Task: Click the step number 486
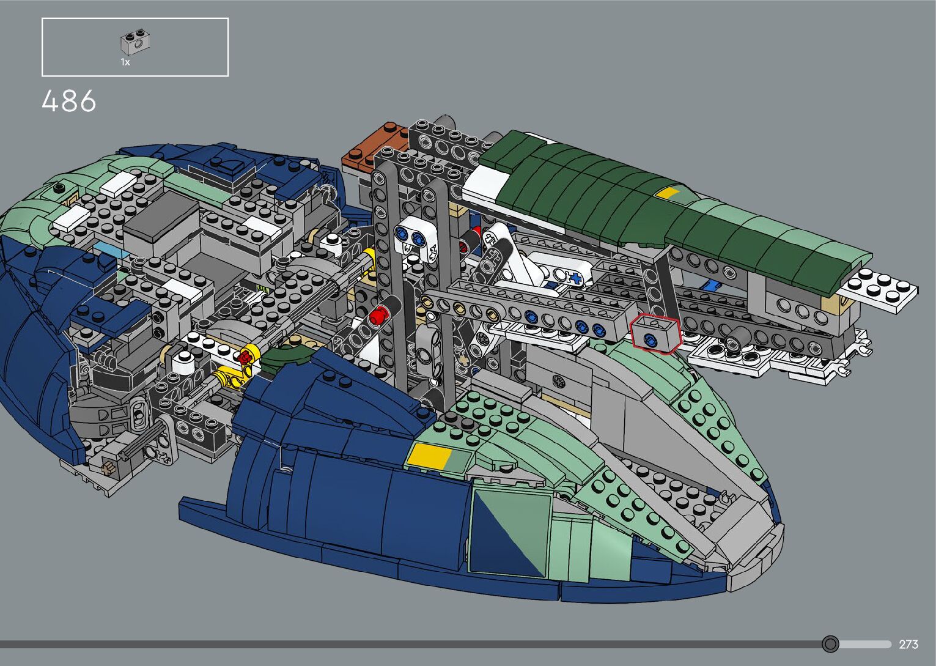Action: [x=69, y=101]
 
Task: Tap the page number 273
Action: [x=908, y=644]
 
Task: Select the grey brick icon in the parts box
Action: [x=135, y=42]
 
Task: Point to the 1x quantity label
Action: [x=125, y=62]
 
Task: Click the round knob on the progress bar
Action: [x=830, y=644]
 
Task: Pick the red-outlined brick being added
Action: [x=655, y=333]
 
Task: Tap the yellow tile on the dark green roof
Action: [x=668, y=193]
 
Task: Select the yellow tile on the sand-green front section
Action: [x=429, y=455]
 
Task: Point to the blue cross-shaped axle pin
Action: [x=575, y=279]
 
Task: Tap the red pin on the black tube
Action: [x=378, y=316]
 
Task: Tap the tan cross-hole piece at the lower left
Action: [x=109, y=468]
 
